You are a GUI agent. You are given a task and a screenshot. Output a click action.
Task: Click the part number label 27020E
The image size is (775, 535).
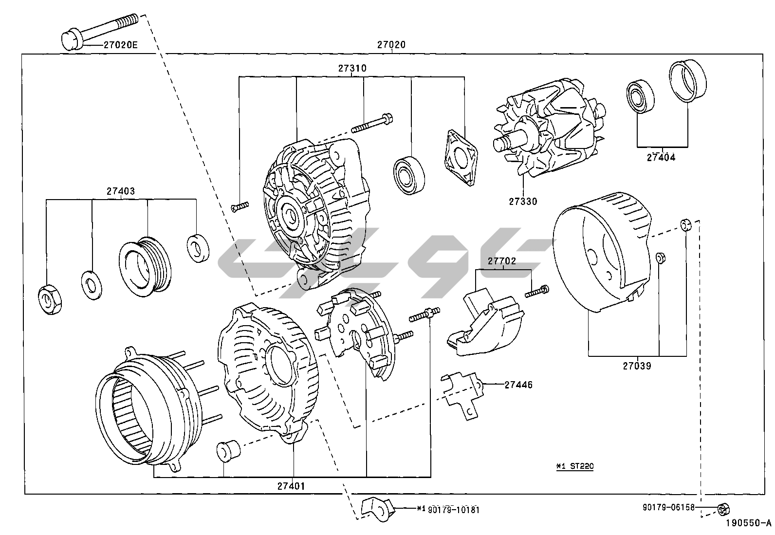point(120,45)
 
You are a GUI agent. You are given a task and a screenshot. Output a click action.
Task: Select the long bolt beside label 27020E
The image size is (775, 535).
point(100,30)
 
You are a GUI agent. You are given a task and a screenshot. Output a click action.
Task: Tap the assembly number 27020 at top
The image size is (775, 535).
point(391,45)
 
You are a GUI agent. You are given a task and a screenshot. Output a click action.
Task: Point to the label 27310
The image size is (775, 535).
point(352,69)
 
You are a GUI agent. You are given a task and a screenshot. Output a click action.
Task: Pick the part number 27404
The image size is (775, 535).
point(661,157)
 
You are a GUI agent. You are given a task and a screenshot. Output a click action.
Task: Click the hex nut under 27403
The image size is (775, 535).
point(50,299)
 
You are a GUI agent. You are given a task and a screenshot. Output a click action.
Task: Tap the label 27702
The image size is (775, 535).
point(502,261)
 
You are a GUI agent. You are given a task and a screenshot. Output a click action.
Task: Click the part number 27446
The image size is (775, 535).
point(518,385)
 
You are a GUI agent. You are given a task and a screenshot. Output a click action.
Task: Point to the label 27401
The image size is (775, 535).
point(292,485)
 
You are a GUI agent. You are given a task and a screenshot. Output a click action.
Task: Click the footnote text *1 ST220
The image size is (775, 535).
point(575,466)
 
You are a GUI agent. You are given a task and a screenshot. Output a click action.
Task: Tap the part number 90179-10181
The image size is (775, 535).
point(454,510)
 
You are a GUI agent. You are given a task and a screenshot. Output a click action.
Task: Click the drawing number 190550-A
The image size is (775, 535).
point(748,523)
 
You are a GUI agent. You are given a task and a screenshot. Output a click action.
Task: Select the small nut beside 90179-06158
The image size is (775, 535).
point(723,510)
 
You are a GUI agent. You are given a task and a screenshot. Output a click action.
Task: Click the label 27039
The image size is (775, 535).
point(636,366)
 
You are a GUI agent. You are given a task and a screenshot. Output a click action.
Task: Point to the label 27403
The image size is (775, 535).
point(121,191)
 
